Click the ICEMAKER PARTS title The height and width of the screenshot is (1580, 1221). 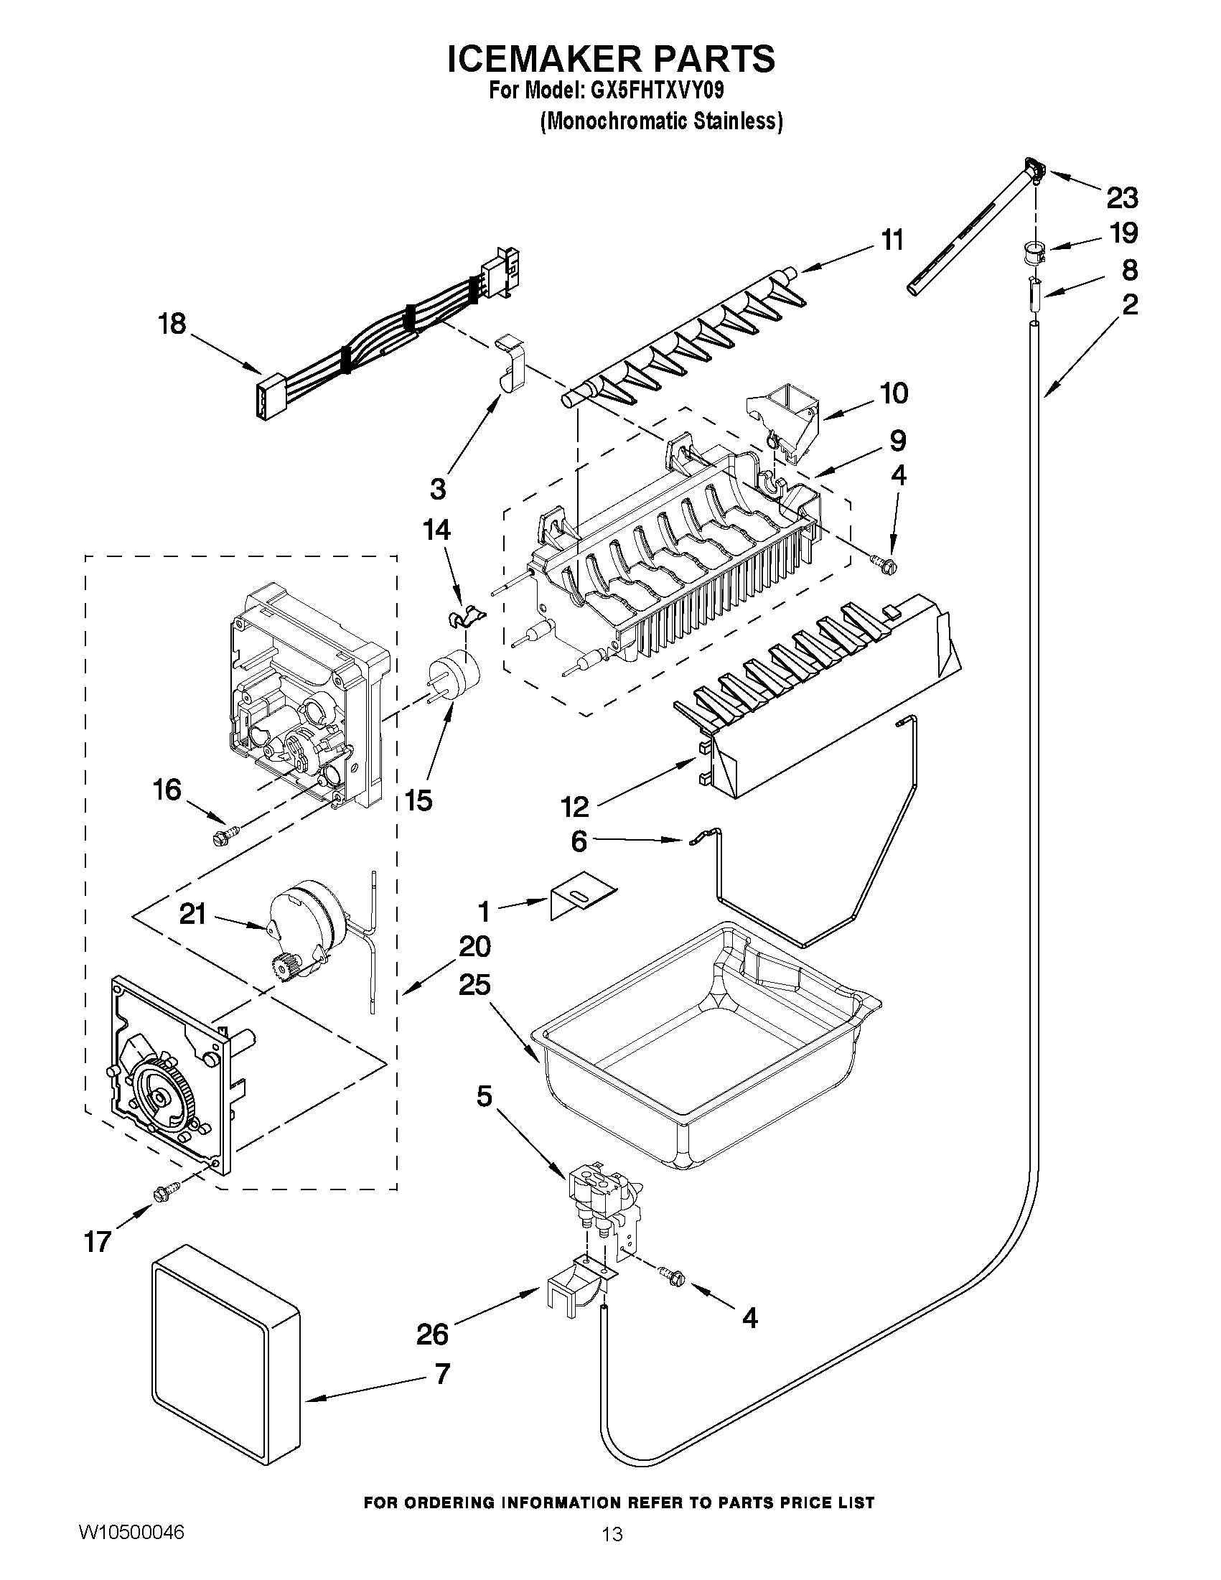pyautogui.click(x=610, y=60)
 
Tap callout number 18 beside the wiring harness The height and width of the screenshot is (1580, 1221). pyautogui.click(x=172, y=323)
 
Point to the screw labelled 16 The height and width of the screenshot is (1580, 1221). pyautogui.click(x=220, y=838)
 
